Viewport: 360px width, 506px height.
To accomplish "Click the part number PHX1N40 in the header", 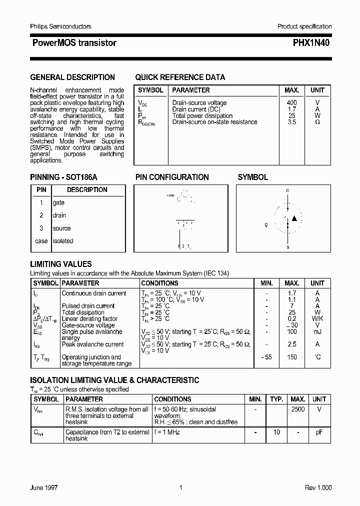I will click(x=311, y=43).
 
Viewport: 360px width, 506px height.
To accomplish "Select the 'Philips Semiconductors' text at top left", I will click(x=60, y=26).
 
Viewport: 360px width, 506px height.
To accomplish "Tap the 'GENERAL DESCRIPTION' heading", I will click(x=72, y=77).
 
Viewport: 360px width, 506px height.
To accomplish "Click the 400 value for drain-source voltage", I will click(x=291, y=102).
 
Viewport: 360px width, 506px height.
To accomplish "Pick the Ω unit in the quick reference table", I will click(x=317, y=122).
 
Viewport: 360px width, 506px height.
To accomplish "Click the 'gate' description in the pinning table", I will click(x=58, y=202).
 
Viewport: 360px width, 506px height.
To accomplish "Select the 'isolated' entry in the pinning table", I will click(x=63, y=241).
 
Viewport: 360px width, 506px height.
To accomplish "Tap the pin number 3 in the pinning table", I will click(x=41, y=228).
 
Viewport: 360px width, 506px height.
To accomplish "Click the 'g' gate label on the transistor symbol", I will click(x=266, y=224).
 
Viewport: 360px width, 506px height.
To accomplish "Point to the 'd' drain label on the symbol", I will click(x=287, y=190).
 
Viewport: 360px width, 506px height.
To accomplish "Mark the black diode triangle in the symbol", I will click(x=294, y=218).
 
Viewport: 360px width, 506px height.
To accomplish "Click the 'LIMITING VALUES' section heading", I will click(x=61, y=264).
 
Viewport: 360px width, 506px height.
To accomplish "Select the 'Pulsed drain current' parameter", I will click(x=88, y=306).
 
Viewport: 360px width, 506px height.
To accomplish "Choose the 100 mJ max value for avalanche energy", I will click(x=292, y=331).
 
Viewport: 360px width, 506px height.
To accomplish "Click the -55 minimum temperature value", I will click(x=266, y=357).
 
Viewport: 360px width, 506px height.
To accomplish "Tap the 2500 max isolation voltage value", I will click(x=297, y=409).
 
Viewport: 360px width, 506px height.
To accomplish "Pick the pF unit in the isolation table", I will click(x=319, y=432).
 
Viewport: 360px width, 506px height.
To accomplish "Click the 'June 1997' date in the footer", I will click(x=44, y=488).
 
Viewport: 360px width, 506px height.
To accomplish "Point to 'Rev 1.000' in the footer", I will click(x=318, y=488).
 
